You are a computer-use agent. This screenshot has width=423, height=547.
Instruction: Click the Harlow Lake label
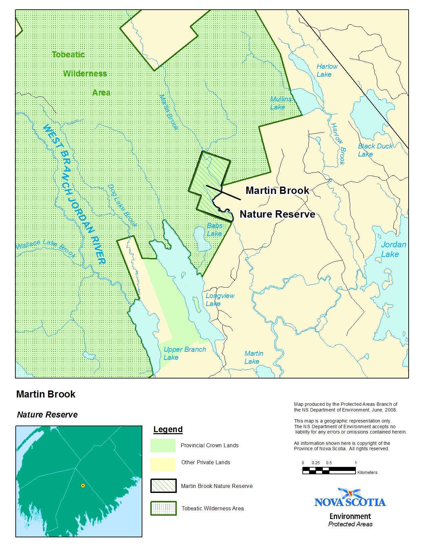tap(327, 70)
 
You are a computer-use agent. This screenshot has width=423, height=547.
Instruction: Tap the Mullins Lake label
tap(280, 103)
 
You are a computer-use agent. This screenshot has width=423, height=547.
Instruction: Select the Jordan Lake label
tap(393, 249)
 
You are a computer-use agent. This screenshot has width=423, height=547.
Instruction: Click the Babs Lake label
tap(215, 230)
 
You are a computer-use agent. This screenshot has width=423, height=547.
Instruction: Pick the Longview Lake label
tap(220, 299)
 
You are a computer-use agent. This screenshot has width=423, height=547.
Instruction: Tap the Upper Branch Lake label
tap(184, 353)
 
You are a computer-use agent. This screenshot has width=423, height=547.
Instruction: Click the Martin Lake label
tap(254, 357)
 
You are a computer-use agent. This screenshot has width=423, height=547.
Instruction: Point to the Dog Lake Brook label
tap(122, 205)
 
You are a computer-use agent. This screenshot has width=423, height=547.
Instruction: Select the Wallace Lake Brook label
tap(45, 247)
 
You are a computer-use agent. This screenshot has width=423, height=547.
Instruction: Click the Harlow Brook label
tap(338, 144)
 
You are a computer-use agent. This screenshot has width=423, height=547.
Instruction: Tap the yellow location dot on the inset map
tap(83, 486)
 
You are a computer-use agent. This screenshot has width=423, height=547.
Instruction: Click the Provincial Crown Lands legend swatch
tap(163, 445)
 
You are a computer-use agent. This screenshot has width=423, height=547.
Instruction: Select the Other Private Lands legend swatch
tap(163, 464)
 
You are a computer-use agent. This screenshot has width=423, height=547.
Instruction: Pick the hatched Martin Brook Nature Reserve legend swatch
tap(163, 486)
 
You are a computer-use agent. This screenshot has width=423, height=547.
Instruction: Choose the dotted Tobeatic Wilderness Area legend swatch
tap(163, 508)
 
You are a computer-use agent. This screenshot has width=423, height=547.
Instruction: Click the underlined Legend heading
tap(168, 429)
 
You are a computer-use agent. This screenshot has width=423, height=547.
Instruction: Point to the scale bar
tap(329, 471)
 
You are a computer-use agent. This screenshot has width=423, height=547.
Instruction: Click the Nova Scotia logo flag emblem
tap(350, 493)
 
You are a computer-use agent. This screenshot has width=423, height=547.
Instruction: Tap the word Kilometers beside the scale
tap(367, 473)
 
